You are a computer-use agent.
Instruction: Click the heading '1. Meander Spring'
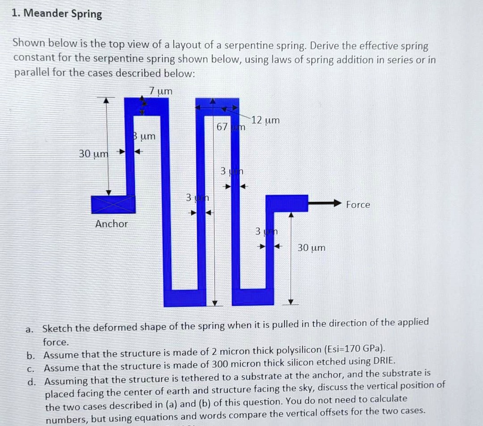pos(57,14)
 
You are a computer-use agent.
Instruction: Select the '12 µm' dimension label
pos(265,120)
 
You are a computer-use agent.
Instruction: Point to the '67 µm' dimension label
pos(231,128)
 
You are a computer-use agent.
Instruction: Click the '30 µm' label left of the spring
pos(93,154)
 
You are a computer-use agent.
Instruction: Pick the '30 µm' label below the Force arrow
pos(311,248)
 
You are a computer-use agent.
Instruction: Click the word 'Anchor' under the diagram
pos(111,224)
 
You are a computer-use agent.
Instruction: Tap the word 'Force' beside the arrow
pos(358,205)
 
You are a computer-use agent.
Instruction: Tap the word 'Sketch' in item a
pos(58,328)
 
